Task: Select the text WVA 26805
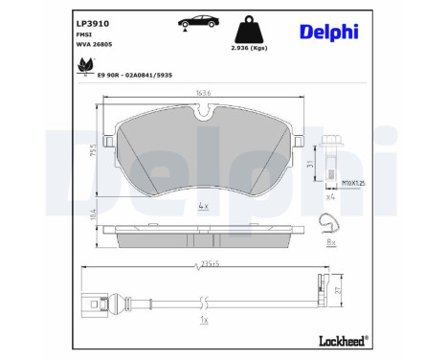(95, 45)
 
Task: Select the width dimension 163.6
(203, 94)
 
